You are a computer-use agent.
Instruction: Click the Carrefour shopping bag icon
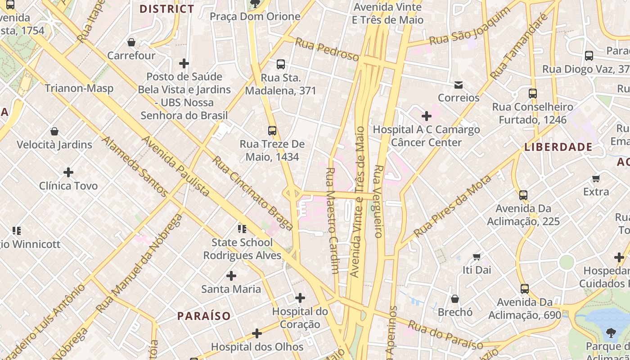coord(131,42)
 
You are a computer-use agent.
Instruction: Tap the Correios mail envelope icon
coord(459,85)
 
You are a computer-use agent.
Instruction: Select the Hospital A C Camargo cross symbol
coord(426,117)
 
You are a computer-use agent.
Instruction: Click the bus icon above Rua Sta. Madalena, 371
coord(281,64)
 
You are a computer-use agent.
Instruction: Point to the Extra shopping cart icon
coord(596,179)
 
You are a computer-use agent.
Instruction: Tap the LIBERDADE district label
coord(558,147)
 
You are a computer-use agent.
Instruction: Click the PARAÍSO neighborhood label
coord(204,316)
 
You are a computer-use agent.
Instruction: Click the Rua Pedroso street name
coord(327,49)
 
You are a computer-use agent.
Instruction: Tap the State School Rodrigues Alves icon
coord(242,229)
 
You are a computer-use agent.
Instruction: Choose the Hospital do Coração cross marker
coord(300,298)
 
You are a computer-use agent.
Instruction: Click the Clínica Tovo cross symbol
coord(68,172)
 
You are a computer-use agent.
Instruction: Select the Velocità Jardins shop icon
coord(54,131)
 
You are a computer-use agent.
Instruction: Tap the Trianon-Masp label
coord(79,88)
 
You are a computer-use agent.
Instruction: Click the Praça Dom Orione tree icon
coord(255,4)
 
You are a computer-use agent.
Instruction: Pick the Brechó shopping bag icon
coord(455,299)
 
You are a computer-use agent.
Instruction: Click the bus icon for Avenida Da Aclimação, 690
coord(525,288)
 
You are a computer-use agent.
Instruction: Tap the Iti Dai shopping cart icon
coord(477,257)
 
